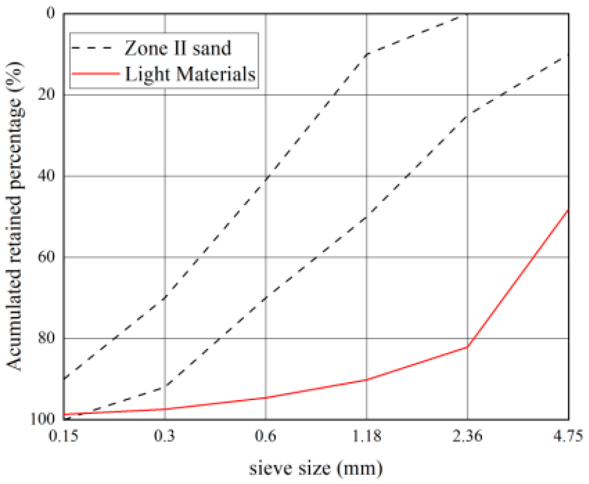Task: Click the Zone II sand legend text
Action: coord(178,48)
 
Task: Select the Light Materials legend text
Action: coord(190,74)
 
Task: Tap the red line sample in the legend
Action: coord(96,74)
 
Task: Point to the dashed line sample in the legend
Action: coord(92,48)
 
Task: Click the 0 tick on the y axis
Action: coord(51,14)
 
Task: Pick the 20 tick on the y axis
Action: coord(46,95)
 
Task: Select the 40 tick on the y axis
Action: coord(46,176)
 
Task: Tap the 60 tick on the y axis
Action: coord(46,257)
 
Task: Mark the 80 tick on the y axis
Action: coord(46,338)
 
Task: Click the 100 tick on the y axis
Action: coord(42,419)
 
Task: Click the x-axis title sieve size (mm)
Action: coord(316,468)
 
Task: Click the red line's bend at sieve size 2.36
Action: coord(468,346)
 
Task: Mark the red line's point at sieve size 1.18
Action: coord(367,380)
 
